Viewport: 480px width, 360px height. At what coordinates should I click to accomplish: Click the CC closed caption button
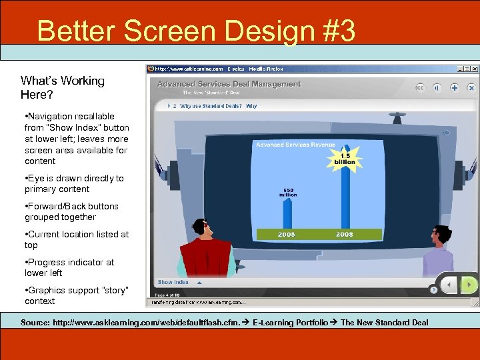420,87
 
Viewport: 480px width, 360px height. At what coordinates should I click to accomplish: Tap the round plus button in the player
454,87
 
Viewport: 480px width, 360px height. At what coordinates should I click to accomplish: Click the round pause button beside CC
437,87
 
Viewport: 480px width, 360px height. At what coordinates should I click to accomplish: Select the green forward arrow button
470,285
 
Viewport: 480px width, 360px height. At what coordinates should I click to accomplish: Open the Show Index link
173,282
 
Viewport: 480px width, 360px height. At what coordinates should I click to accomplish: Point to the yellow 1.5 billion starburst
345,157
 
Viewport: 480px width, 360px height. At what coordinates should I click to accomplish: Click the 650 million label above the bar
288,192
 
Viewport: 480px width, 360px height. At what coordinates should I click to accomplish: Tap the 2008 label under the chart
345,234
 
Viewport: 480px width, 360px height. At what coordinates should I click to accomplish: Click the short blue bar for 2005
287,213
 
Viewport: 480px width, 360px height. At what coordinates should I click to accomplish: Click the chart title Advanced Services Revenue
295,144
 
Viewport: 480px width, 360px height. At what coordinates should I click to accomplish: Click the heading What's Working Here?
63,87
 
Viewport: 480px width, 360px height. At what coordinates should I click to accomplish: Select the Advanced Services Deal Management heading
229,84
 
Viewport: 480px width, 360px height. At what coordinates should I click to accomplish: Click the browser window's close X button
475,69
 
